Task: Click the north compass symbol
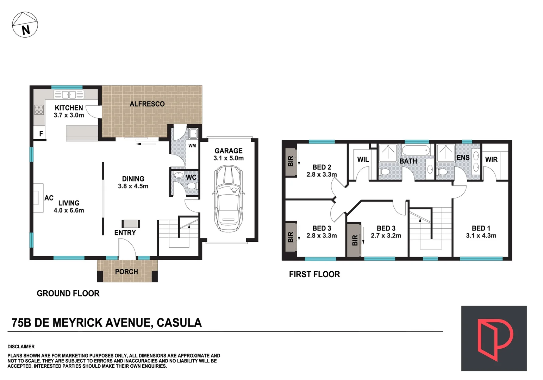click(x=25, y=25)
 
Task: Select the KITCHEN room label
click(x=69, y=108)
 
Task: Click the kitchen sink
click(x=69, y=94)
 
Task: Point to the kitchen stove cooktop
click(x=39, y=110)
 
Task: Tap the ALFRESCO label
click(x=147, y=104)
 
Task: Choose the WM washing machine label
click(x=192, y=146)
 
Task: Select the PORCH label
click(x=126, y=272)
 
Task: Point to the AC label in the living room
click(x=49, y=198)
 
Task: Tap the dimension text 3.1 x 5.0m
click(x=228, y=158)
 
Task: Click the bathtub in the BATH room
click(x=416, y=150)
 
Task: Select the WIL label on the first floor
click(x=363, y=159)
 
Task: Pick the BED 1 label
click(x=481, y=228)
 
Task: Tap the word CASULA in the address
click(x=179, y=323)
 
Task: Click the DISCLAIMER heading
click(x=21, y=347)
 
